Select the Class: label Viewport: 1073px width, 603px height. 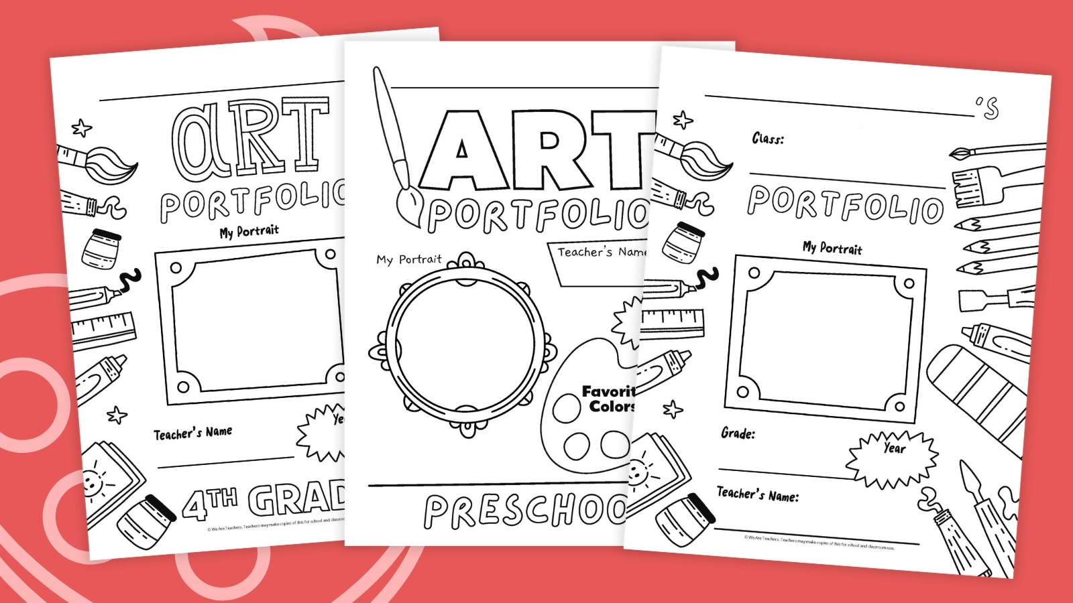[x=768, y=139]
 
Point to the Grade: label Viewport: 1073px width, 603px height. [x=738, y=433]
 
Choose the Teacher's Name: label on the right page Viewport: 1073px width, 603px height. [x=758, y=495]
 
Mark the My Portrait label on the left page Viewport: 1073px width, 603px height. [x=249, y=231]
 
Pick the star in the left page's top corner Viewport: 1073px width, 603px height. [x=82, y=127]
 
